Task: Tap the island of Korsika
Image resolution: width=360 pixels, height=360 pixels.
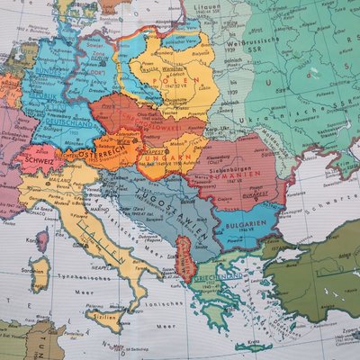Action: tap(42, 239)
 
